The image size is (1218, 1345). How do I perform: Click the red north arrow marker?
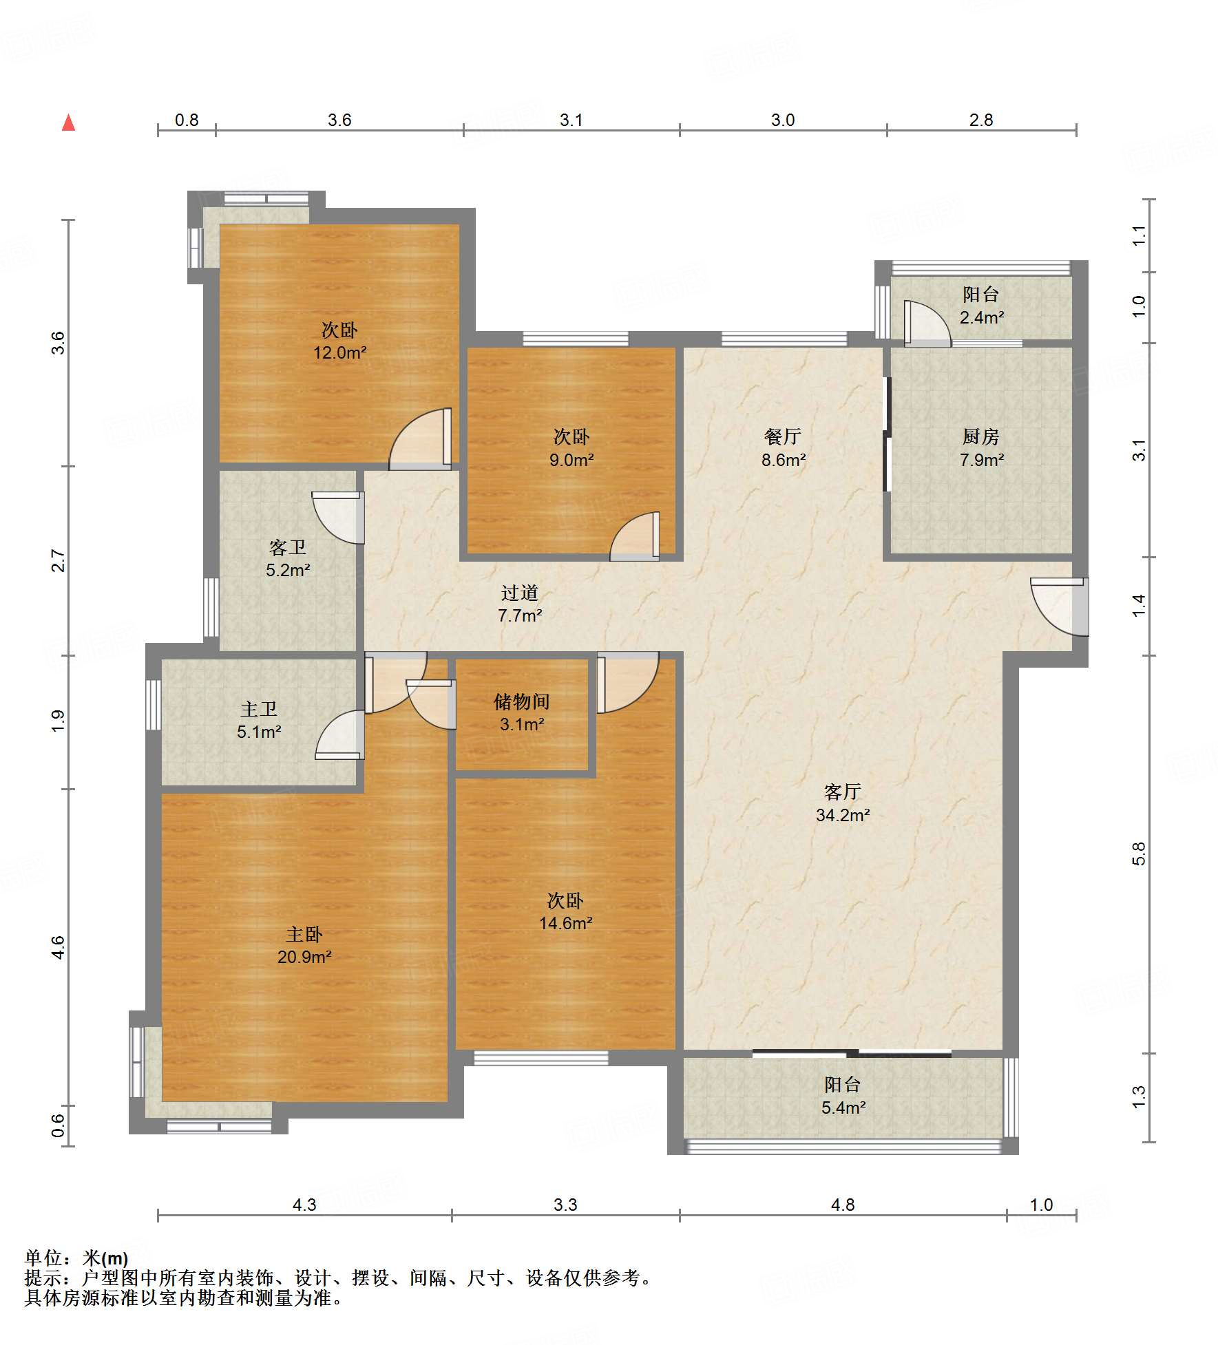(x=68, y=123)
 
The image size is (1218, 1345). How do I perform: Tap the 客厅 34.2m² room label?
(x=843, y=803)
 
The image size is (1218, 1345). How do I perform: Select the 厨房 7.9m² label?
(x=981, y=448)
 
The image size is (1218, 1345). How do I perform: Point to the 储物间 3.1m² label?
(x=522, y=712)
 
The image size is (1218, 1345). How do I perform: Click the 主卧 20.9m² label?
(x=304, y=945)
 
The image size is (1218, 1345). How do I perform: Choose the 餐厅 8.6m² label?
(x=783, y=448)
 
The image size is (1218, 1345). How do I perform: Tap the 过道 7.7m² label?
(x=520, y=604)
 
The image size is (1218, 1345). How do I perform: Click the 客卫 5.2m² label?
(x=288, y=558)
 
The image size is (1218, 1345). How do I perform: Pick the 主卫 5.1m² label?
(x=259, y=720)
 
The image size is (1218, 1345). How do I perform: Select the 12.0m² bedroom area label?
(x=340, y=352)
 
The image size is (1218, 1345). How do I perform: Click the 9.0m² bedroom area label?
(x=571, y=460)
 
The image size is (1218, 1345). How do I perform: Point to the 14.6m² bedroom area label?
(x=565, y=923)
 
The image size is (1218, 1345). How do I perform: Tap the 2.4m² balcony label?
(x=982, y=317)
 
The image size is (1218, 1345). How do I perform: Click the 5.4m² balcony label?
(x=843, y=1108)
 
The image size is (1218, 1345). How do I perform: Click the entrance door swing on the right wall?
(x=1059, y=606)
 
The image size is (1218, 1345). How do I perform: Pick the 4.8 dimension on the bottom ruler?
(x=843, y=1205)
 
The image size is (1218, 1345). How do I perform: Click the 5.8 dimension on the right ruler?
(x=1139, y=854)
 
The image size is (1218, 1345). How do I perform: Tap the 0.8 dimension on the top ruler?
(x=187, y=120)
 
